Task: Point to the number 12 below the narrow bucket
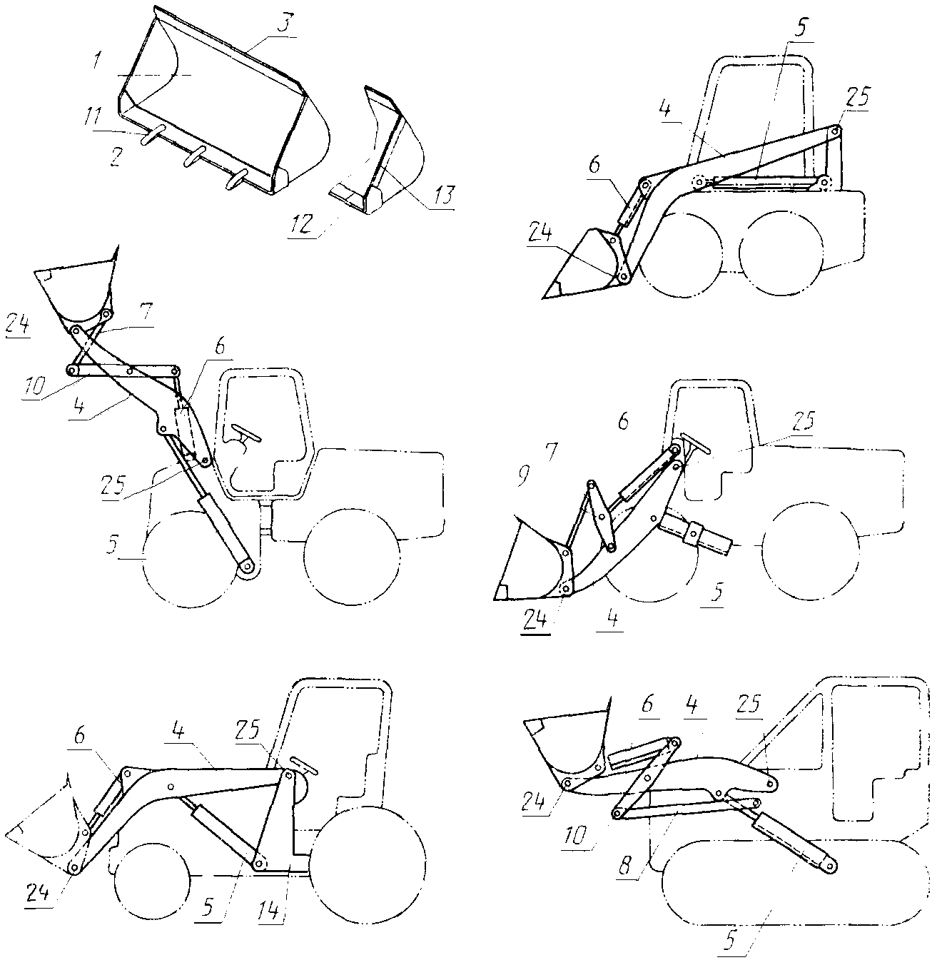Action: click(301, 224)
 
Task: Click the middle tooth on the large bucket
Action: click(194, 157)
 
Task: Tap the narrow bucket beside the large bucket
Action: click(378, 152)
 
